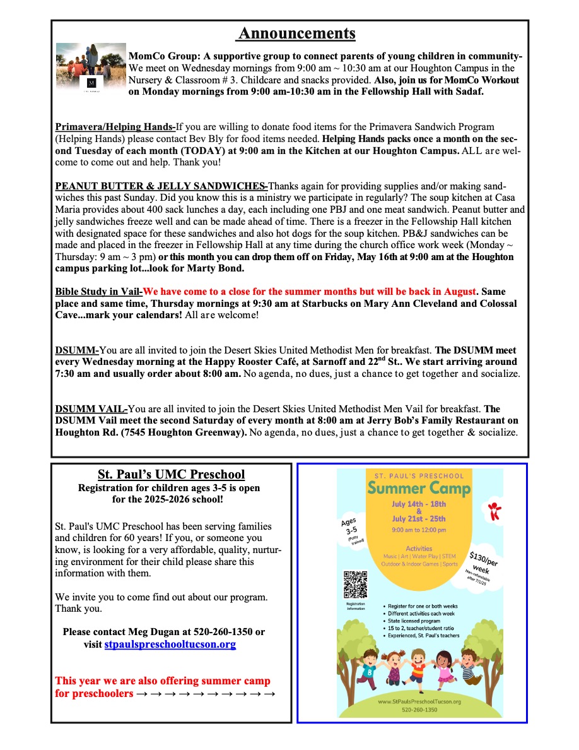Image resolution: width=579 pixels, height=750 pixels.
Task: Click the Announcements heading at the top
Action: (296, 33)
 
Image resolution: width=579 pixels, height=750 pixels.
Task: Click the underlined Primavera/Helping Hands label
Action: (115, 127)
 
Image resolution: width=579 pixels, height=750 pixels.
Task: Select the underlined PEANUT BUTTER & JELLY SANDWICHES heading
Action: (161, 186)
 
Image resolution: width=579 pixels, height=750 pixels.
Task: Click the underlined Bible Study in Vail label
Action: (98, 292)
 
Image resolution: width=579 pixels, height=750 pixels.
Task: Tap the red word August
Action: (453, 292)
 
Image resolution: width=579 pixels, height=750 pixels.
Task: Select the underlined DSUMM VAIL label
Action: (91, 409)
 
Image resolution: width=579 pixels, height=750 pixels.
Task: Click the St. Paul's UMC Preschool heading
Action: (171, 474)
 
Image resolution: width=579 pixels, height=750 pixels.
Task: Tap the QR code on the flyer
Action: (355, 583)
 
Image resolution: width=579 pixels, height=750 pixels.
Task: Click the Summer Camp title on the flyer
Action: (419, 488)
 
